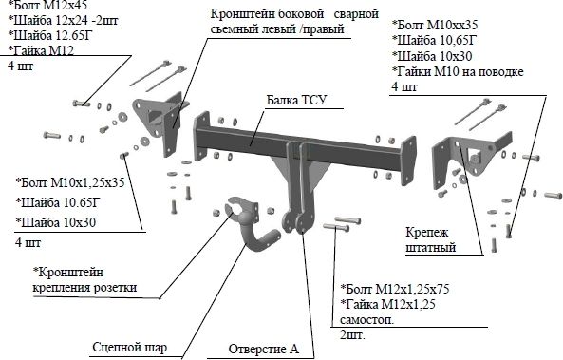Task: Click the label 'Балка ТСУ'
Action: tap(296, 100)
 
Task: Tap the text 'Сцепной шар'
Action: tap(130, 348)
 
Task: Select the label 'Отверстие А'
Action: tap(264, 350)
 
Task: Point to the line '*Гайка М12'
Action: tap(41, 50)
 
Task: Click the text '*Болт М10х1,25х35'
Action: tap(70, 182)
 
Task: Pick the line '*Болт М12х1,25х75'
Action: tap(395, 289)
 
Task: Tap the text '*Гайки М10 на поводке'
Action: tap(458, 71)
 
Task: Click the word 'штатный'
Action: tap(431, 248)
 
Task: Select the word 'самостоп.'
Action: tap(366, 320)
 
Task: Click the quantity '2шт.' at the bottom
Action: tap(352, 335)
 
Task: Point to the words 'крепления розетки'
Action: tap(84, 288)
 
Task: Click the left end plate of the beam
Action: tap(201, 136)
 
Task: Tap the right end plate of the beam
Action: tap(408, 161)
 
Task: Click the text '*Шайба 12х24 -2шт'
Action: tap(63, 20)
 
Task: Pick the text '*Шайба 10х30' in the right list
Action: tap(432, 56)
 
